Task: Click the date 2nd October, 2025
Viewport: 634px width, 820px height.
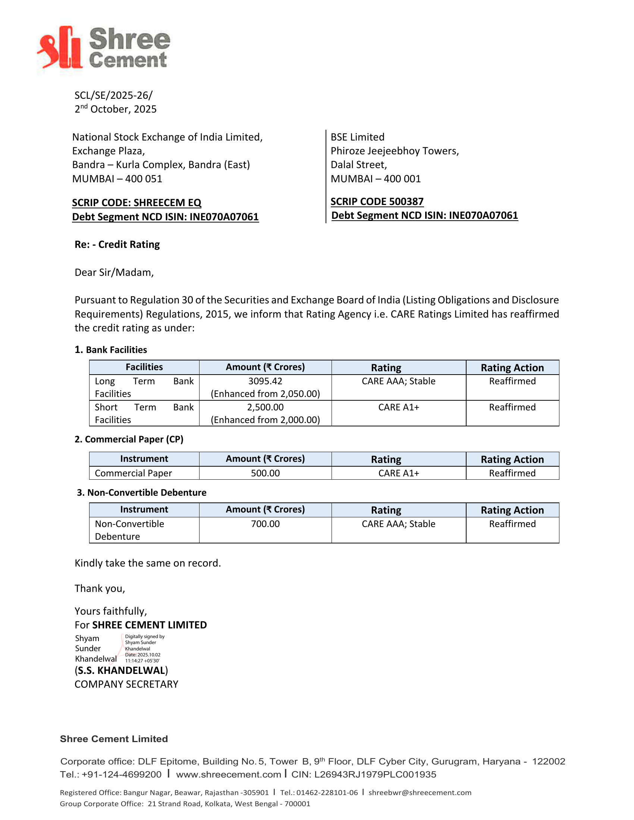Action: [x=115, y=109]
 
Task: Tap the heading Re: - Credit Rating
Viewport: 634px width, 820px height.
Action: [x=117, y=245]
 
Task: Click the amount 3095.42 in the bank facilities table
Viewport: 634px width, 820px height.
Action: [x=265, y=381]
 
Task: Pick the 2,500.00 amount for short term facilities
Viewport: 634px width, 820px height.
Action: [x=265, y=407]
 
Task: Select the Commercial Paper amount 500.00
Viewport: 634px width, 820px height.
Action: [x=265, y=473]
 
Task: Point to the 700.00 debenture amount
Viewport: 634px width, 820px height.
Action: [x=265, y=524]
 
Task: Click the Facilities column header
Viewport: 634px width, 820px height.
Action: [x=144, y=367]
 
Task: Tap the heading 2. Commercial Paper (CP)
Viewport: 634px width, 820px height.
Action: [x=129, y=439]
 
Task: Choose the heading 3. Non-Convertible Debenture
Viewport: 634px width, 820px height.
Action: [x=142, y=493]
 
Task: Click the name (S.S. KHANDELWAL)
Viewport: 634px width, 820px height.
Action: [x=121, y=671]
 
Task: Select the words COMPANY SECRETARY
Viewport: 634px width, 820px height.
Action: [x=126, y=684]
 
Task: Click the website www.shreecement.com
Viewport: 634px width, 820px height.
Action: [x=228, y=775]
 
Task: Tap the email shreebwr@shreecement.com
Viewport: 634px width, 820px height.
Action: [x=420, y=792]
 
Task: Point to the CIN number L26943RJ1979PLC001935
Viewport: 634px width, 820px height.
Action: [x=375, y=775]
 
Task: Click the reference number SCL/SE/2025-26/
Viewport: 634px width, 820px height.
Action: [x=113, y=95]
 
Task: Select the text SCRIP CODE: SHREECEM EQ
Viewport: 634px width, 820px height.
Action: [x=137, y=203]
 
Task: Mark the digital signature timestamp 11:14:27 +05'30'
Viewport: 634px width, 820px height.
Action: [x=142, y=661]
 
